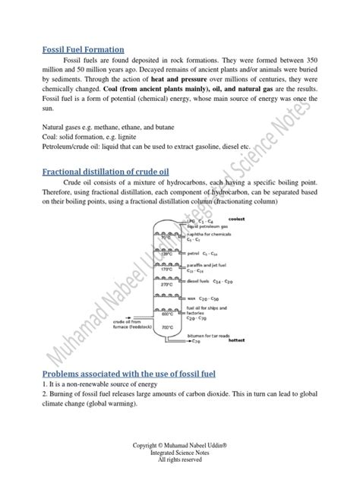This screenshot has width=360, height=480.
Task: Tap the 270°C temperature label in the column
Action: (166, 285)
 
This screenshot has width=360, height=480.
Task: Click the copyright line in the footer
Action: (179, 445)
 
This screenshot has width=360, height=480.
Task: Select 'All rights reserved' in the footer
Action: (179, 459)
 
